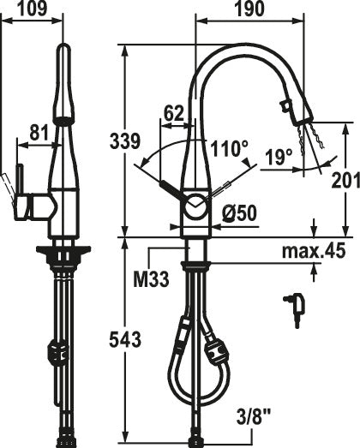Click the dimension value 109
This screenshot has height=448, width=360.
pyautogui.click(x=32, y=9)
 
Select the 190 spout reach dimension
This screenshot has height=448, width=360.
pyautogui.click(x=249, y=9)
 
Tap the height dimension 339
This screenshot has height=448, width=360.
pyautogui.click(x=125, y=140)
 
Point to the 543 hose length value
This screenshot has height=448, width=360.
pyautogui.click(x=125, y=340)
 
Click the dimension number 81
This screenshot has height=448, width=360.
pyautogui.click(x=39, y=133)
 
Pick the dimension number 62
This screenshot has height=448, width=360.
pyautogui.click(x=173, y=113)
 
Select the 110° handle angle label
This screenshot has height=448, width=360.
pyautogui.click(x=229, y=148)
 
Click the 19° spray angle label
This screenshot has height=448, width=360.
pyautogui.click(x=279, y=158)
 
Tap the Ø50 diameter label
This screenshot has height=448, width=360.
pyautogui.click(x=239, y=213)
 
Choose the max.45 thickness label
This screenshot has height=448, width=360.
pyautogui.click(x=314, y=251)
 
